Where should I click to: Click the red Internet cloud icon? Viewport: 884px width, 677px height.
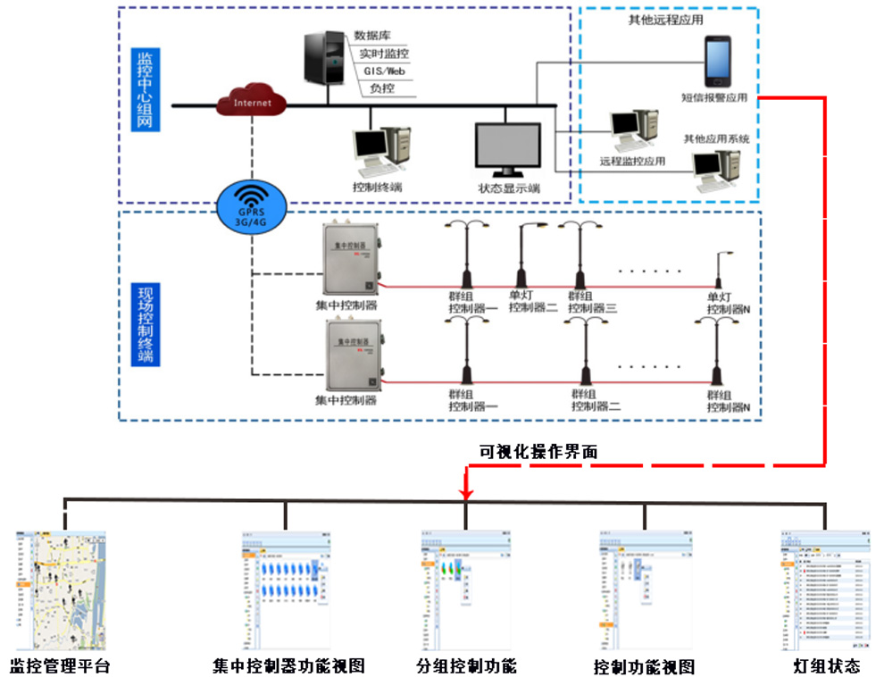(252, 102)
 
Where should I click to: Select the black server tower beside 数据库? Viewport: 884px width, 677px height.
(323, 57)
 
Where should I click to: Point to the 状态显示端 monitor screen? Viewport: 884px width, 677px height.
(507, 149)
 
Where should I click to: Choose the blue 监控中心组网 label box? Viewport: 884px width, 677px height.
(145, 92)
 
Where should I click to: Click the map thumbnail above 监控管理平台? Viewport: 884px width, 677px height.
(60, 590)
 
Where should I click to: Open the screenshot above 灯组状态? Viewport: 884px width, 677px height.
(825, 590)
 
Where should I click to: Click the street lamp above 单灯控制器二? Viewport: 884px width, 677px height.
(522, 258)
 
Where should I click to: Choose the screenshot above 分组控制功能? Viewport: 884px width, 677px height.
(466, 590)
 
